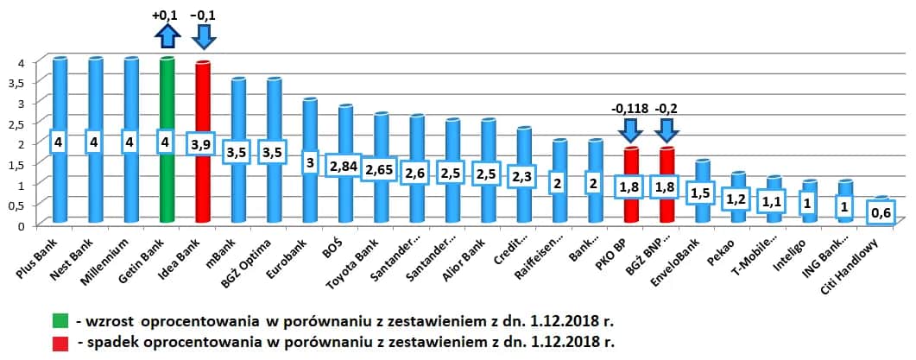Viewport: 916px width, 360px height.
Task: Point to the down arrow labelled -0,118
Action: pyautogui.click(x=630, y=130)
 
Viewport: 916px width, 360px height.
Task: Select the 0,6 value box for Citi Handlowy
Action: pyautogui.click(x=879, y=211)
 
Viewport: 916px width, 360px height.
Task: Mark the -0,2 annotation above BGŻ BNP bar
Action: pyautogui.click(x=666, y=109)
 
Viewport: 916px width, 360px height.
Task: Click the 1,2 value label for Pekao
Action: pyautogui.click(x=736, y=199)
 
